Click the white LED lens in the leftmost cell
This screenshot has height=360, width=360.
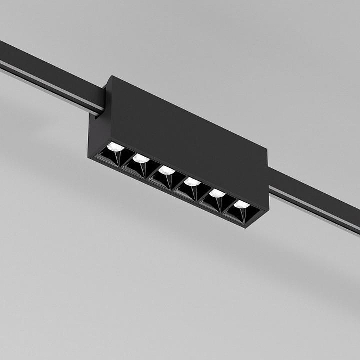click(116, 147)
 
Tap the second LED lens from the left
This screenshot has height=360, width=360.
click(141, 158)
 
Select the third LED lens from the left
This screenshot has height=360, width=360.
click(166, 170)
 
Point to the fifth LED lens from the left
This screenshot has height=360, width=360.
click(217, 193)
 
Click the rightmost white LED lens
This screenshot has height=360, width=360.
click(242, 204)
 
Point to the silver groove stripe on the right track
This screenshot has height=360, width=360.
click(315, 211)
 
